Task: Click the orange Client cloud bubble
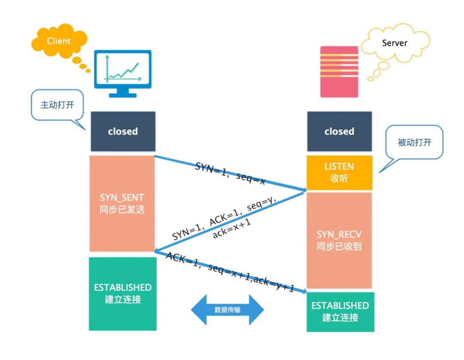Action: point(58,41)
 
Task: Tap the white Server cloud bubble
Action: point(394,43)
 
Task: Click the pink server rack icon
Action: point(339,71)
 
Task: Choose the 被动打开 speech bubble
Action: point(414,143)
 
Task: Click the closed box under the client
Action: point(123,131)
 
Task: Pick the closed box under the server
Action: point(339,131)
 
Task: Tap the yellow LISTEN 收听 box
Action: point(339,172)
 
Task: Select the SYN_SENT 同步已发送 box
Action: point(122,203)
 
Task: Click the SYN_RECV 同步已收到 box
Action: point(339,240)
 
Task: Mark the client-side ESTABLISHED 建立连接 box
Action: point(123,293)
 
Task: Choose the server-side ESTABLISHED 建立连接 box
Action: point(340,311)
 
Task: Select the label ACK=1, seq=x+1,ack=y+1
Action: point(230,272)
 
